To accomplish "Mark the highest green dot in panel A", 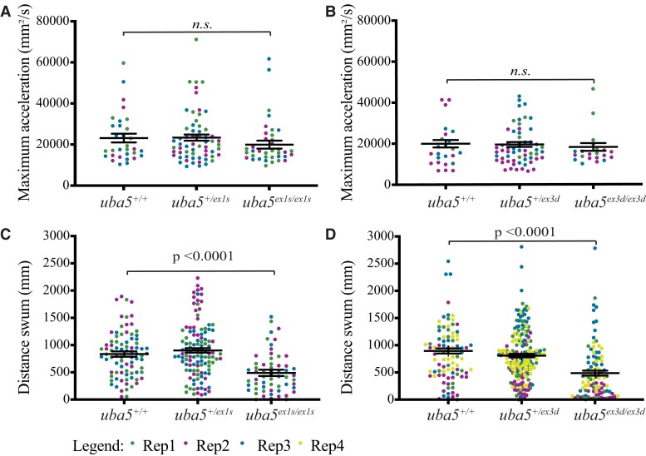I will (x=197, y=39).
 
